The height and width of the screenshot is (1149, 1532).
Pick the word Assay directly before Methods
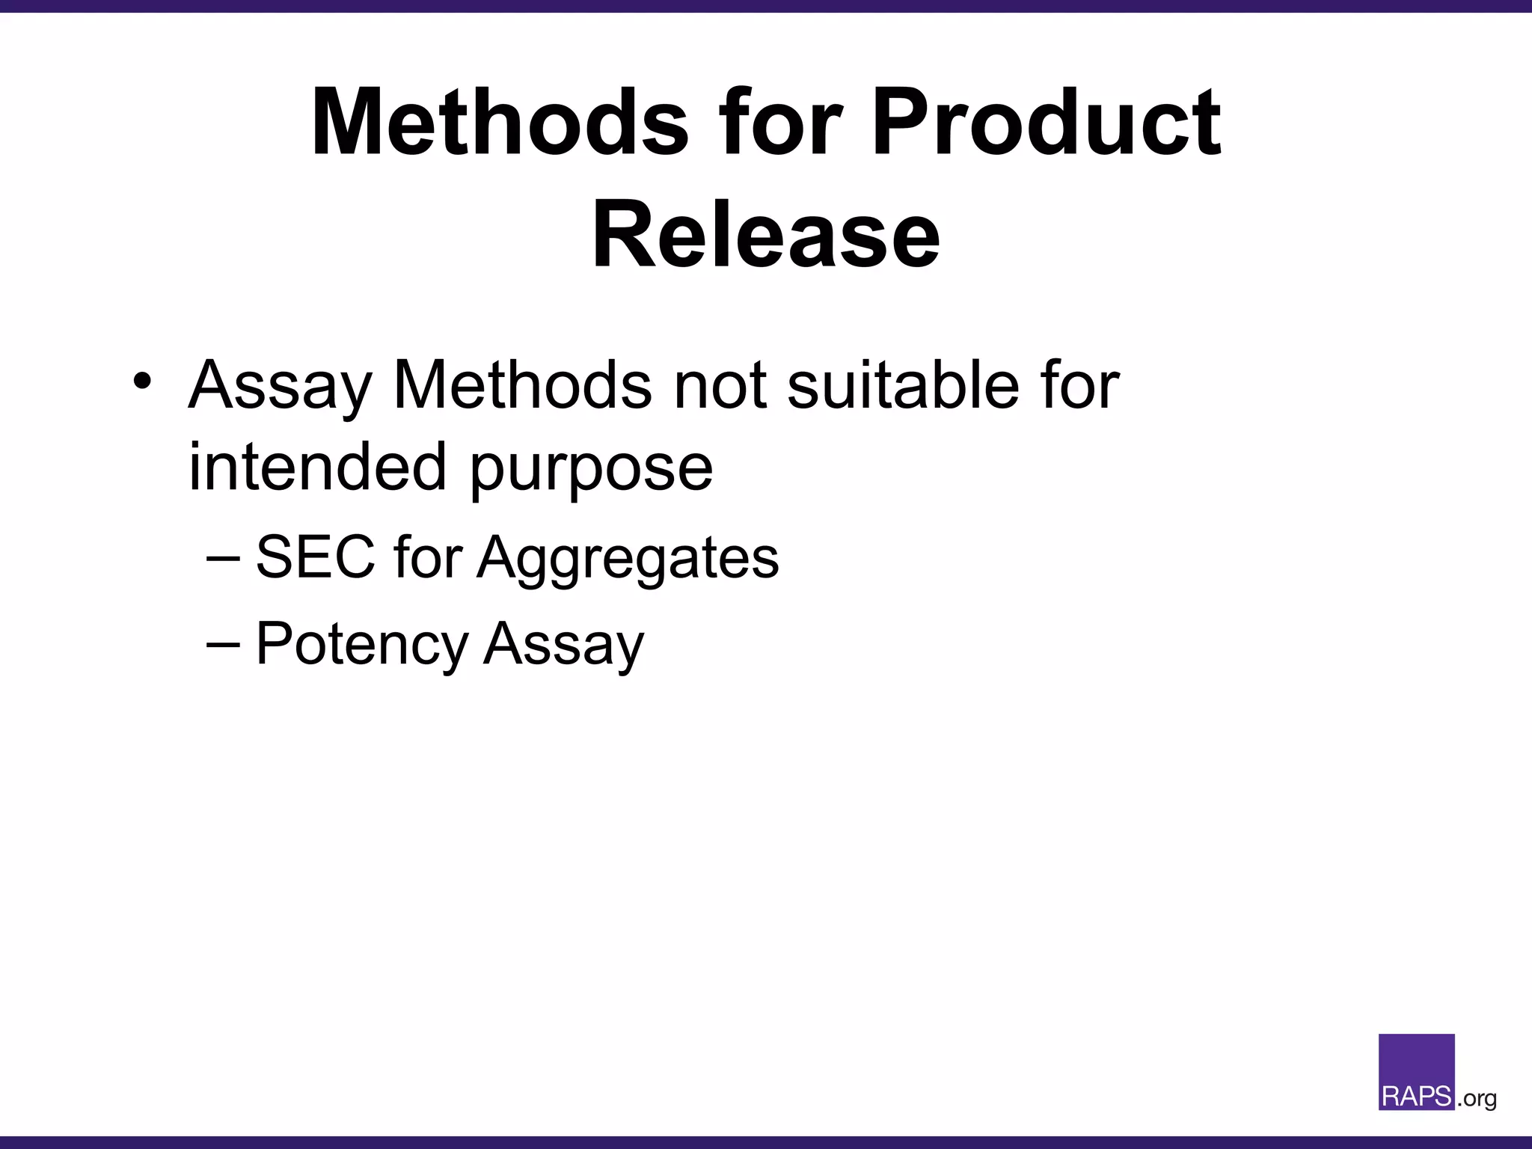pos(280,386)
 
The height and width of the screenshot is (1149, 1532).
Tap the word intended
pos(318,467)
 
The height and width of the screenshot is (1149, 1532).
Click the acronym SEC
pos(315,557)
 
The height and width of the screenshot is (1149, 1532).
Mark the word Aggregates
pos(628,560)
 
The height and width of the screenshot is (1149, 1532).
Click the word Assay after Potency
pos(563,645)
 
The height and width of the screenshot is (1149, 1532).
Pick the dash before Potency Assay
pos(222,643)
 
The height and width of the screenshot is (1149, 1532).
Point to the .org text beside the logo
pos(1477,1099)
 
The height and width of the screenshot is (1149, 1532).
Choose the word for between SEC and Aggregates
pos(427,557)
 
